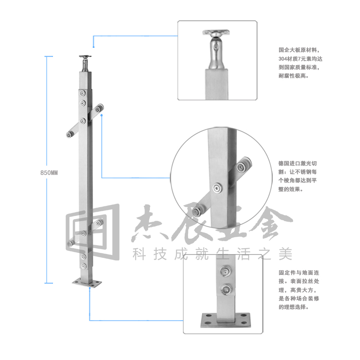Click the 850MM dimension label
click(49, 173)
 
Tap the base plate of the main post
click(87, 282)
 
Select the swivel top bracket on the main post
click(85, 63)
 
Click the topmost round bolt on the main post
click(83, 93)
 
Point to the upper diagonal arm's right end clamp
click(99, 108)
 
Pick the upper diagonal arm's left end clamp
click(69, 135)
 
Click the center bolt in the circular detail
click(217, 188)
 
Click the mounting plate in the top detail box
click(216, 32)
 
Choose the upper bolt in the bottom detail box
click(225, 271)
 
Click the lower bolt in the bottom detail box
click(226, 290)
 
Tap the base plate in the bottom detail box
click(225, 320)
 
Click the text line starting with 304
click(300, 59)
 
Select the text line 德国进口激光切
click(298, 163)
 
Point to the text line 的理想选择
click(294, 307)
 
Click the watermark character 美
click(285, 254)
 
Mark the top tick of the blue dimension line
click(49, 56)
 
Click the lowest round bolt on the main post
click(83, 266)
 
